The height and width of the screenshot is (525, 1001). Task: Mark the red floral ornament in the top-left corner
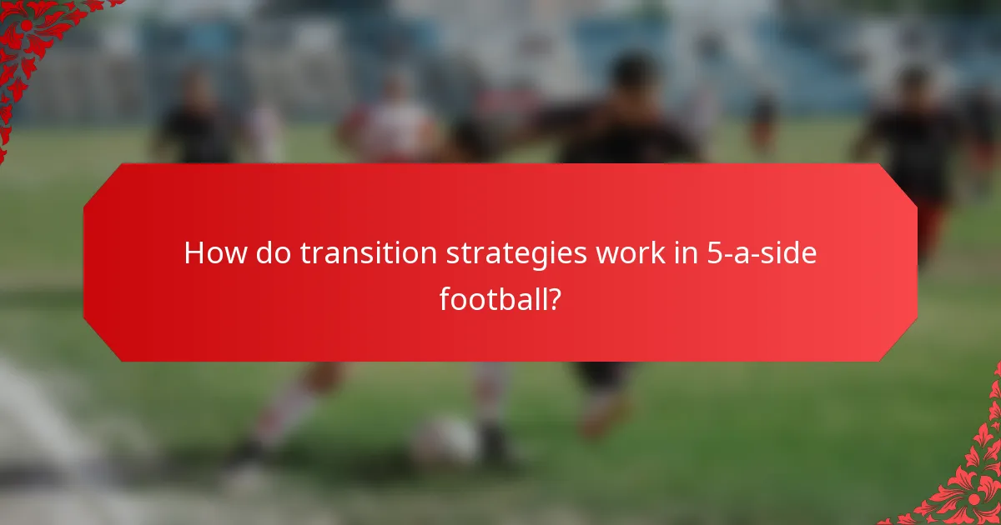(x=33, y=42)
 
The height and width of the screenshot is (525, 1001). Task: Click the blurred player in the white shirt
(x=392, y=125)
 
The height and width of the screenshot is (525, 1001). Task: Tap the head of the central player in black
(x=634, y=75)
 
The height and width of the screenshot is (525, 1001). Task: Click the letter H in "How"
(x=194, y=253)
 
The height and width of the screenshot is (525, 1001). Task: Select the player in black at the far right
(x=913, y=142)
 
